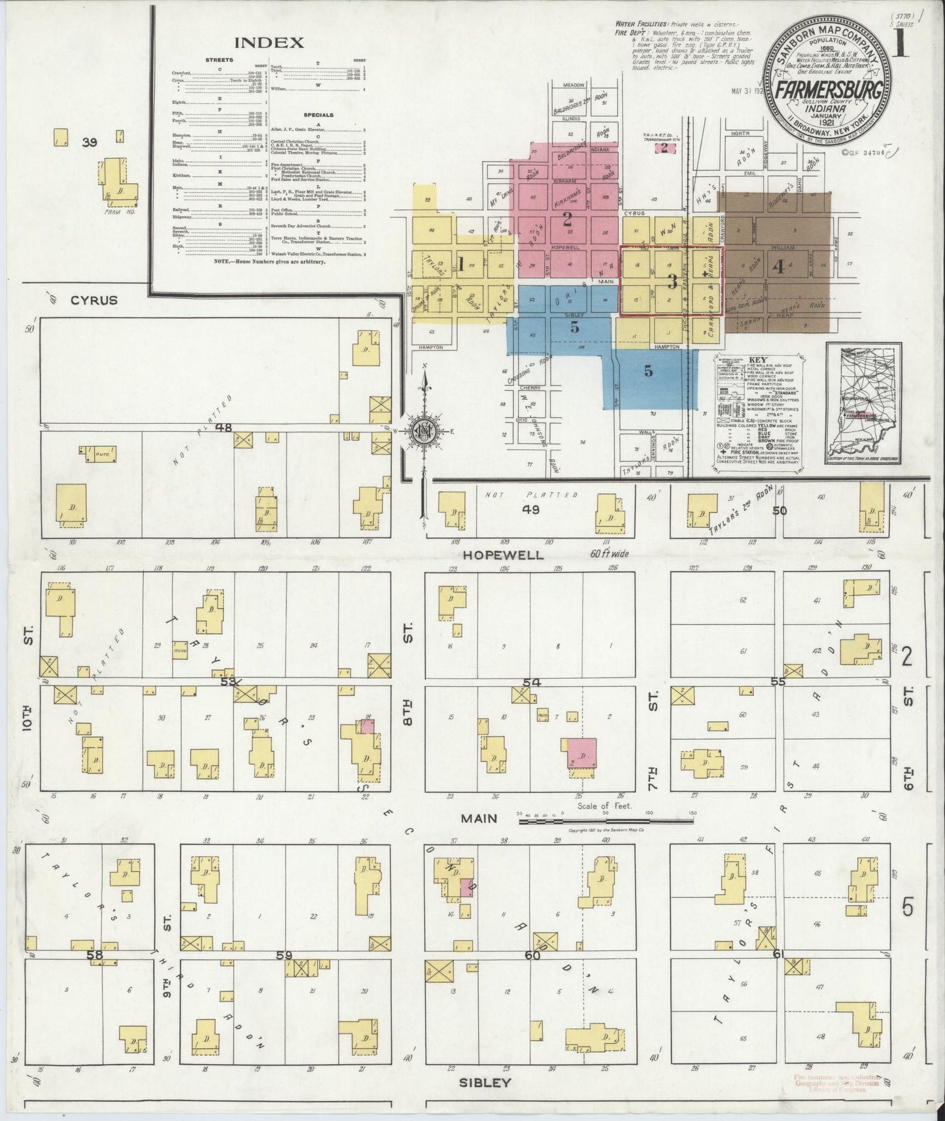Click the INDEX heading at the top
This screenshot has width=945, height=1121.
[269, 43]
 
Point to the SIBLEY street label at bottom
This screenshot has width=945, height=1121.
[484, 1082]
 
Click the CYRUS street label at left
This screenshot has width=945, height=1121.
[94, 300]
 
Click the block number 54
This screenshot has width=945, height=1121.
[531, 683]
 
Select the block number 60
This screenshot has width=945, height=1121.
[531, 955]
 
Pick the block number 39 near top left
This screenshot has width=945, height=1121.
[89, 142]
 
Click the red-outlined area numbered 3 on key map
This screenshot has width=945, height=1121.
[671, 282]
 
